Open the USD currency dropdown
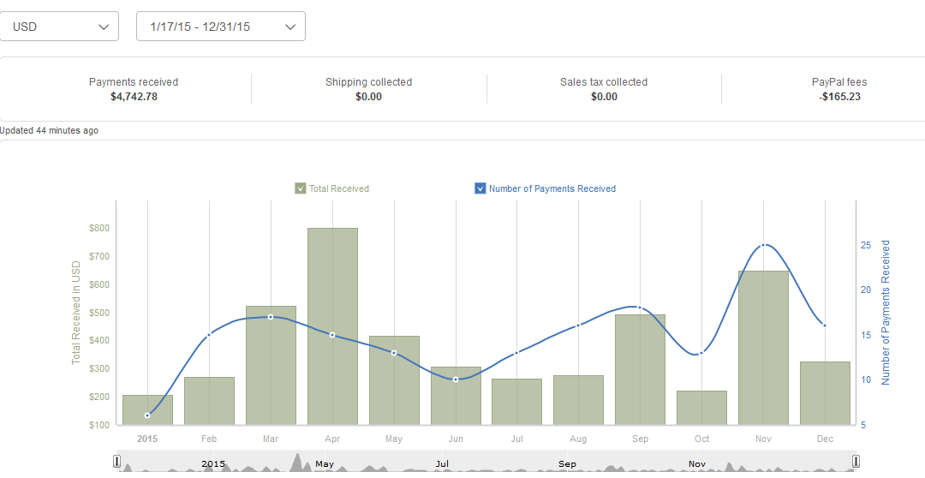[59, 27]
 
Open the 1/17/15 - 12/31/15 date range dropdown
[220, 27]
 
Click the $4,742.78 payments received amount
[134, 97]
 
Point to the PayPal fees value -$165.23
[839, 97]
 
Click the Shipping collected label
[368, 82]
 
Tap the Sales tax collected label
[604, 82]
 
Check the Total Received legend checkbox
[301, 188]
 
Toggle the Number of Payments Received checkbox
[480, 188]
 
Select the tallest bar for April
[332, 326]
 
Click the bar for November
[763, 347]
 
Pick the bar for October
[701, 408]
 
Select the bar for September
[640, 369]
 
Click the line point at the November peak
[763, 245]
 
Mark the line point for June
[456, 379]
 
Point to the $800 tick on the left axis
[99, 228]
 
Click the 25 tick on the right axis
[866, 245]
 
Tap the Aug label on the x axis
[578, 439]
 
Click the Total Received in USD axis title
[75, 314]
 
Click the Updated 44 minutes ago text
[50, 131]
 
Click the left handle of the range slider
[117, 463]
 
